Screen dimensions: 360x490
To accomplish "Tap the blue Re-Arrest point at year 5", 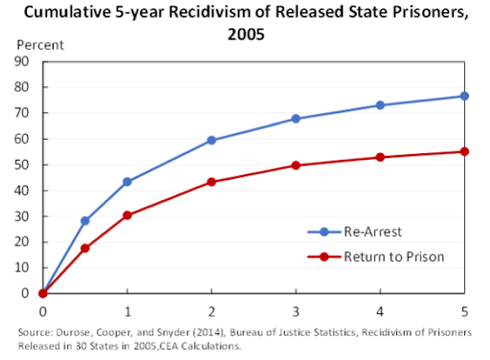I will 463,96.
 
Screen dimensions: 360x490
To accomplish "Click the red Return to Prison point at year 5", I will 463,151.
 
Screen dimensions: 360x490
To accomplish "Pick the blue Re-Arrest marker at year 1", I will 126,181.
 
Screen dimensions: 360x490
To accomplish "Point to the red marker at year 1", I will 126,215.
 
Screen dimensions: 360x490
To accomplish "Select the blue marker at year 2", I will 211,140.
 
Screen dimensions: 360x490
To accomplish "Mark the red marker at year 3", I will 295,165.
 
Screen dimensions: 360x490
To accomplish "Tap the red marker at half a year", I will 84,248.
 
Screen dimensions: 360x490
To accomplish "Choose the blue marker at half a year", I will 84,220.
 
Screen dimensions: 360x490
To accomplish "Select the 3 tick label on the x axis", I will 295,310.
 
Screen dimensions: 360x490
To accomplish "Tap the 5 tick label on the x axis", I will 463,310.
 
